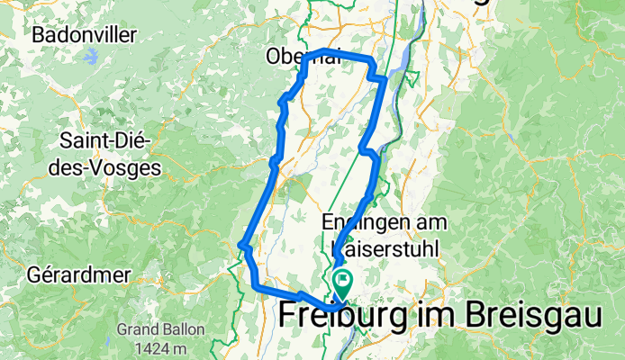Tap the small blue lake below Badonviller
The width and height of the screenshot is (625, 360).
(92, 57)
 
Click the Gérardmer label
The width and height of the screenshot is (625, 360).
(79, 274)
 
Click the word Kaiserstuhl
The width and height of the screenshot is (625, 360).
(384, 245)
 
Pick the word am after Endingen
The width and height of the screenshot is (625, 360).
(434, 220)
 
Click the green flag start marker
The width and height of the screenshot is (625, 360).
(343, 283)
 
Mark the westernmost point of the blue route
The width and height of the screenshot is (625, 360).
(240, 244)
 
